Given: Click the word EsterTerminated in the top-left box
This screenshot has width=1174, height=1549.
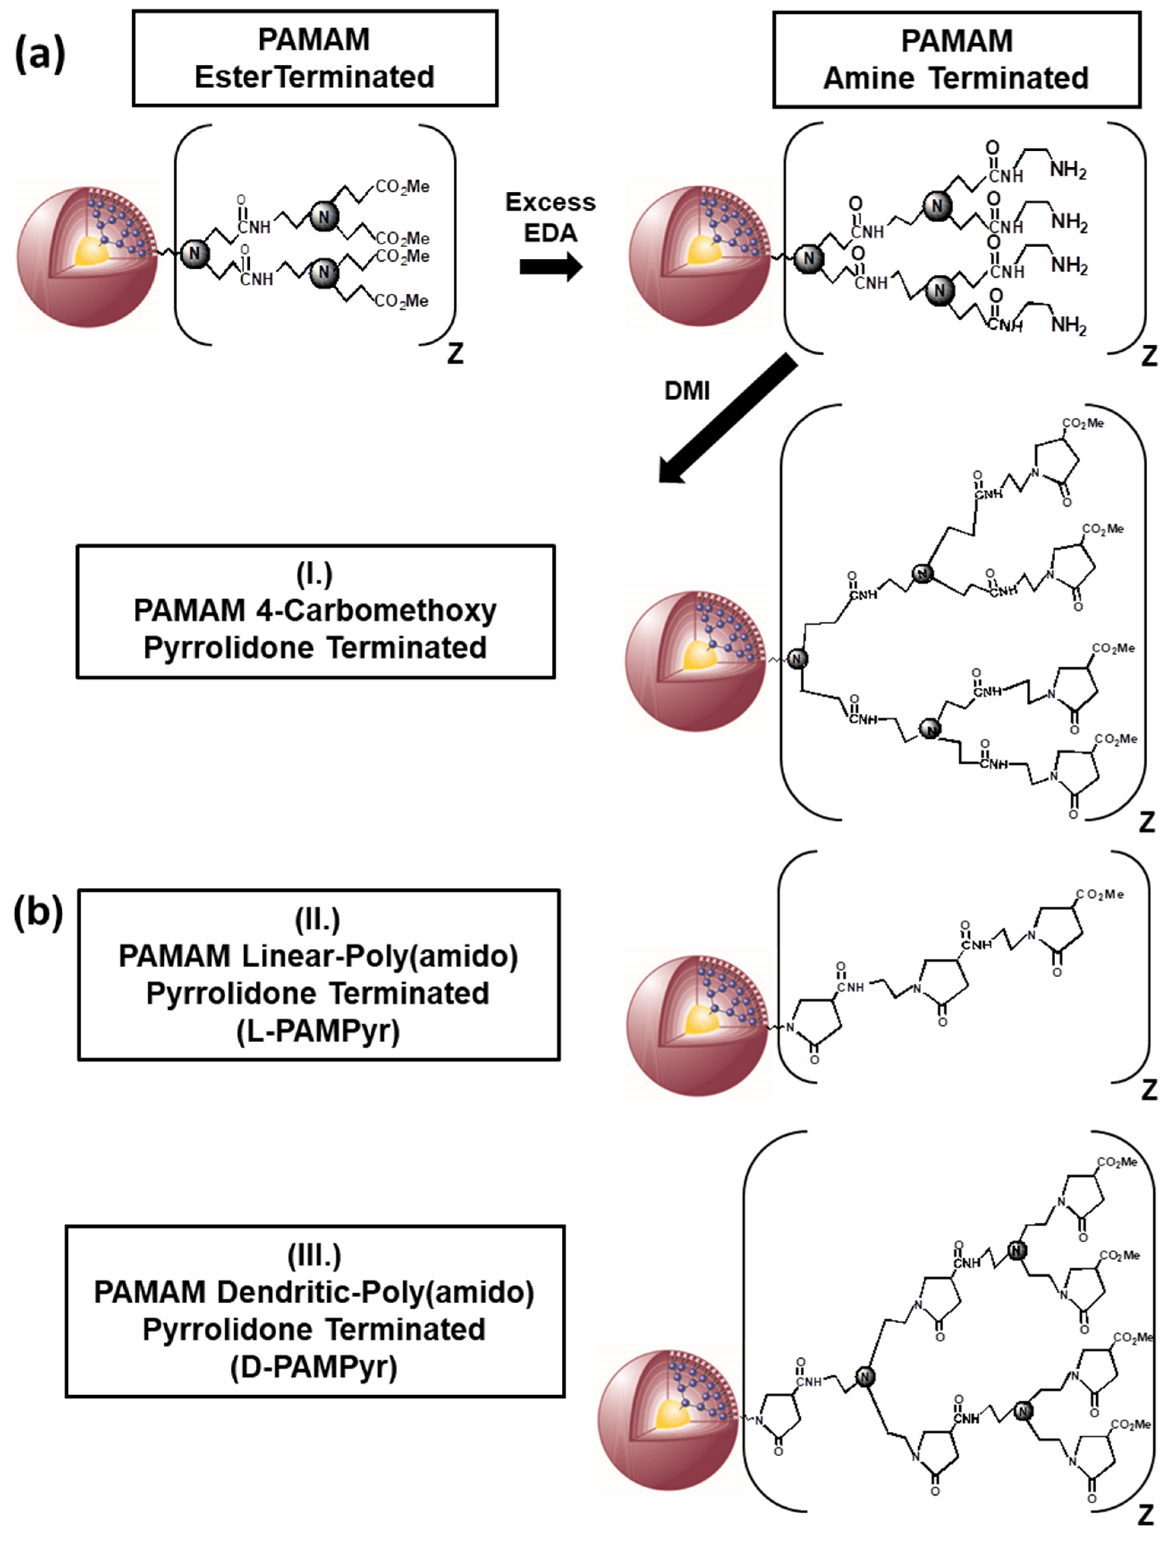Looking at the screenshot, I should (x=314, y=77).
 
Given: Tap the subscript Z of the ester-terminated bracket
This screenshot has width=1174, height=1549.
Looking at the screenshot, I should (x=455, y=354).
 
